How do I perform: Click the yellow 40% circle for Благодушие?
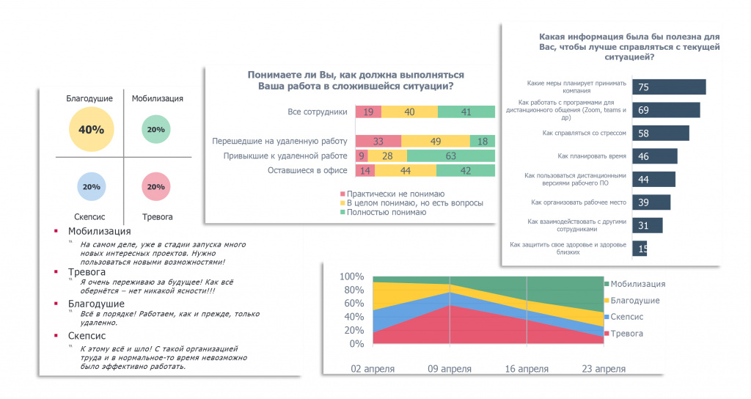pyautogui.click(x=92, y=130)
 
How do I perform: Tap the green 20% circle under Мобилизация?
pyautogui.click(x=155, y=130)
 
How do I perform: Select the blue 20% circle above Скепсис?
pyautogui.click(x=92, y=187)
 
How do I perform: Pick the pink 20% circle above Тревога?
pyautogui.click(x=155, y=187)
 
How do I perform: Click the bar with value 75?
pyautogui.click(x=668, y=87)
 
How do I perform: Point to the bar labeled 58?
pyautogui.click(x=660, y=133)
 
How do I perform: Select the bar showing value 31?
pyautogui.click(x=647, y=224)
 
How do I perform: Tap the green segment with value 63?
pyautogui.click(x=450, y=155)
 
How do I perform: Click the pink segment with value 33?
pyautogui.click(x=378, y=141)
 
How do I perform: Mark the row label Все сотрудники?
pyautogui.click(x=317, y=112)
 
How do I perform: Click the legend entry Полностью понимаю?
pyautogui.click(x=386, y=212)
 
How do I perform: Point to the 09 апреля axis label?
pyautogui.click(x=450, y=368)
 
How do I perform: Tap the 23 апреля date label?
pyautogui.click(x=604, y=368)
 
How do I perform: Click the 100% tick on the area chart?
pyautogui.click(x=352, y=277)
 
